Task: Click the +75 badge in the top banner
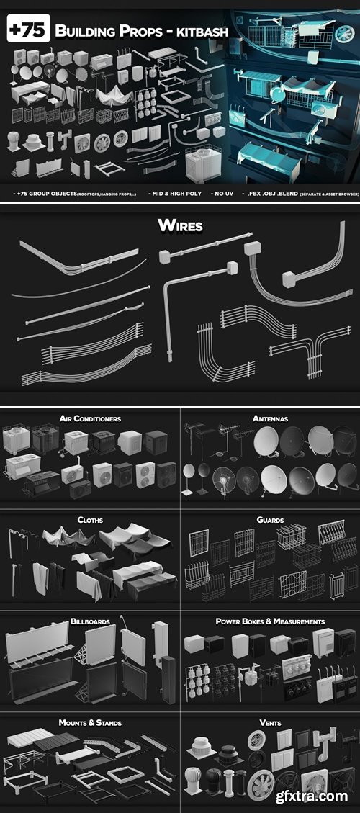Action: pos(27,31)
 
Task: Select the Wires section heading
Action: pos(180,226)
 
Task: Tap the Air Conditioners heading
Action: pos(90,418)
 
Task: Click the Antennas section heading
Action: pos(270,418)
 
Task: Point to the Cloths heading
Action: pos(90,519)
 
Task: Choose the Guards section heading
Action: pos(270,519)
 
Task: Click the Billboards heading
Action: pos(90,620)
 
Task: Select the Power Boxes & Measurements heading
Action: pos(270,621)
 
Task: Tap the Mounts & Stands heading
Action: pos(90,722)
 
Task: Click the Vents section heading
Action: pos(270,722)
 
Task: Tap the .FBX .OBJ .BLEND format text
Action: pos(285,194)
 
